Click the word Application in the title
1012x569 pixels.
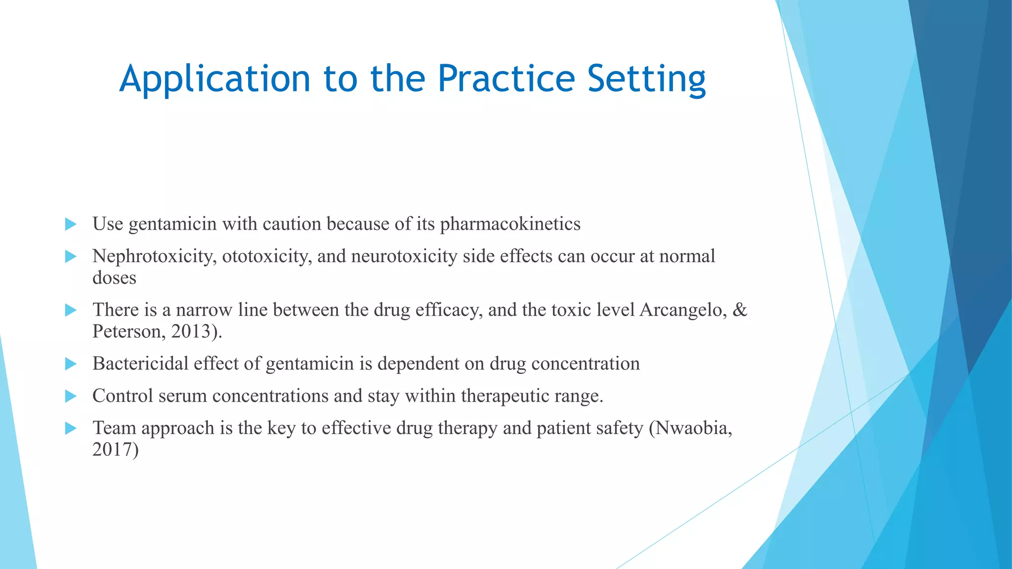point(214,79)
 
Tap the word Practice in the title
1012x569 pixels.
point(506,79)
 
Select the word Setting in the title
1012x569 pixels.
point(646,79)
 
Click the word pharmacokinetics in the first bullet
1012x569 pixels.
point(510,224)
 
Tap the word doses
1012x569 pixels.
point(114,278)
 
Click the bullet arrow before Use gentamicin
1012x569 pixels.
point(71,224)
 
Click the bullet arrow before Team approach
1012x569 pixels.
point(71,428)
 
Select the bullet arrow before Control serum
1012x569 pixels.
point(71,396)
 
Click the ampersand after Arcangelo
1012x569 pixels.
point(740,310)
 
